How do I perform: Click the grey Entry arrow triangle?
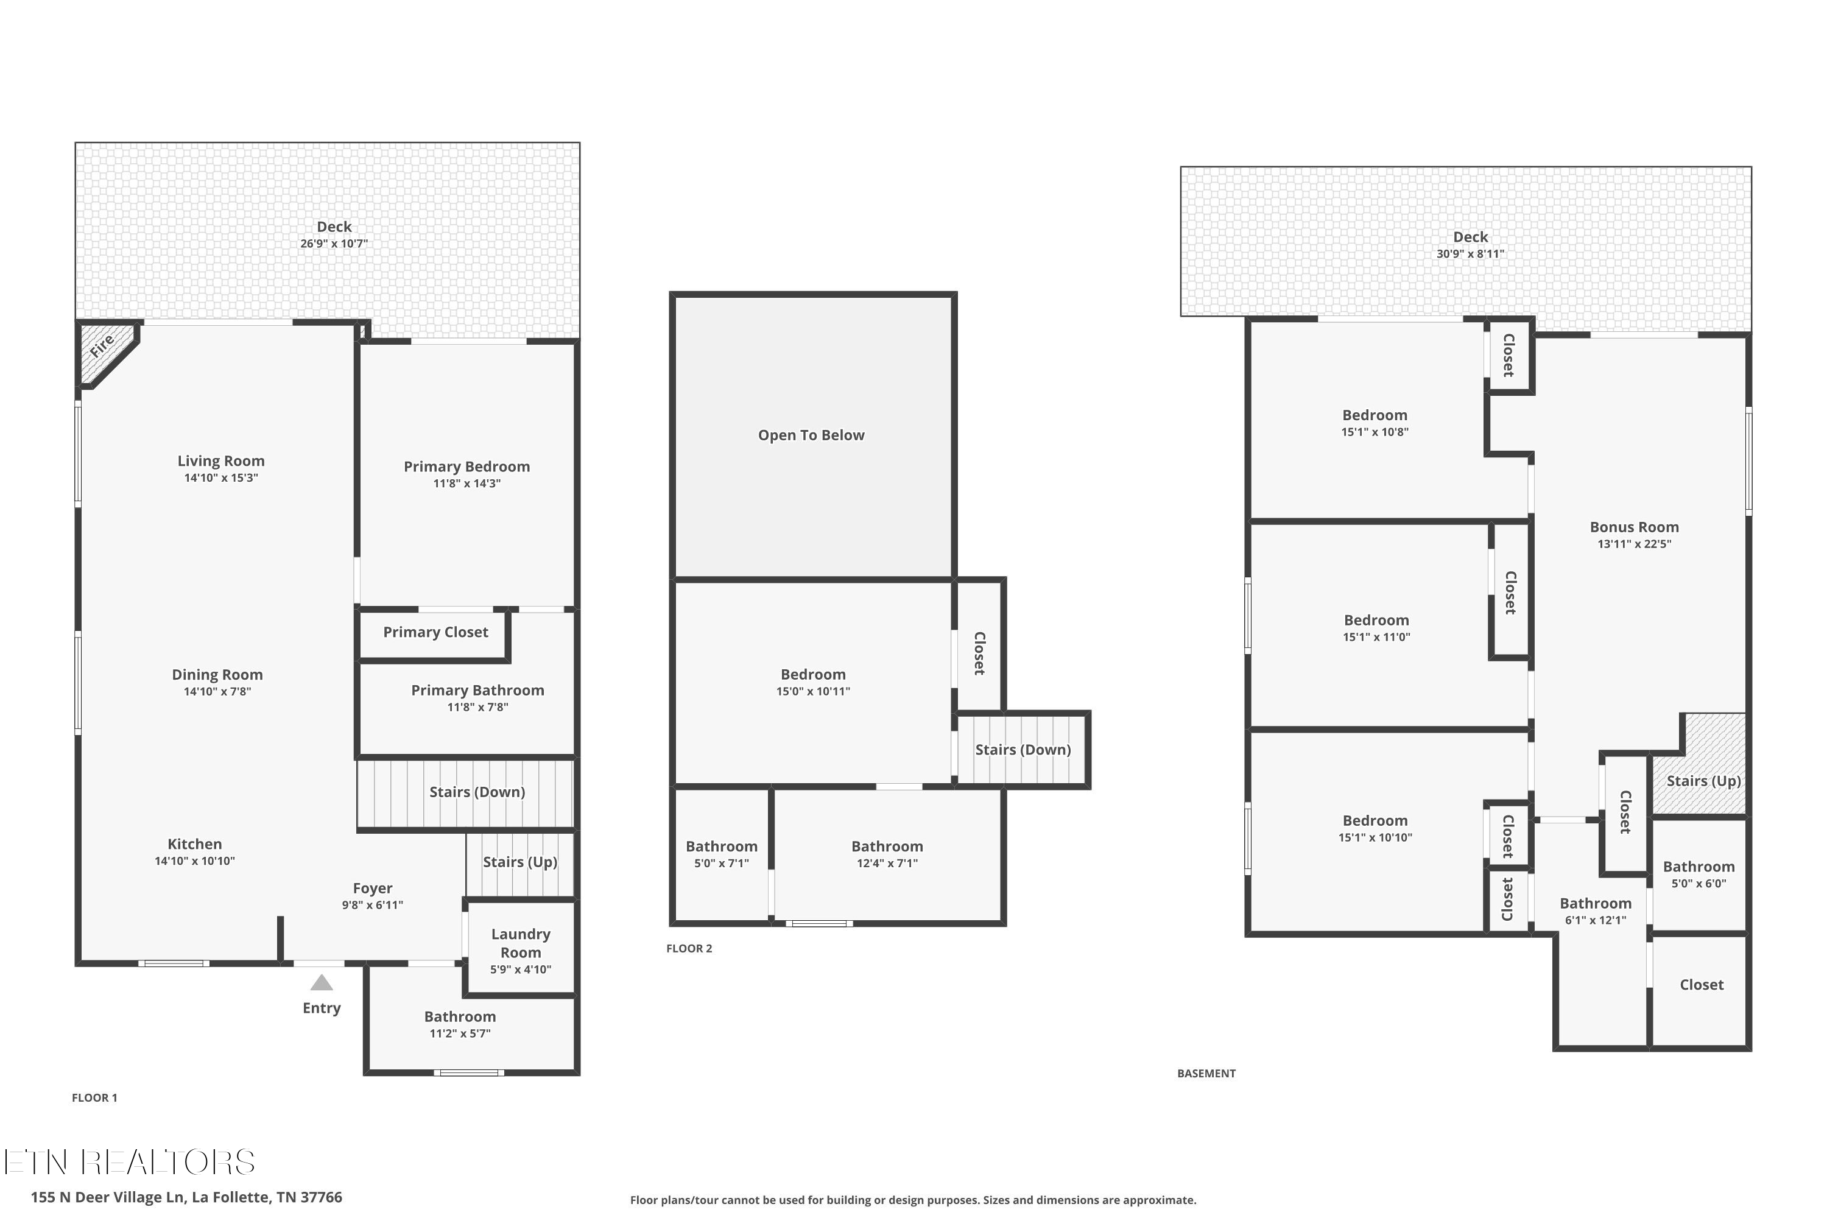pyautogui.click(x=322, y=984)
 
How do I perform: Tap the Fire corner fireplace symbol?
pyautogui.click(x=104, y=349)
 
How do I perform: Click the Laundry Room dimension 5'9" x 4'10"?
pyautogui.click(x=521, y=970)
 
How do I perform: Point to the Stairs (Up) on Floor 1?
pyautogui.click(x=519, y=862)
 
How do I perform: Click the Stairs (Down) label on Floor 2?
pyautogui.click(x=1023, y=750)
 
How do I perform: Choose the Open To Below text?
pyautogui.click(x=811, y=435)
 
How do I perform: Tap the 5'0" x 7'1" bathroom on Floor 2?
pyautogui.click(x=721, y=854)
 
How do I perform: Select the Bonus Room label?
pyautogui.click(x=1633, y=527)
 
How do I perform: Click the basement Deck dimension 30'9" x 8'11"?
pyautogui.click(x=1470, y=254)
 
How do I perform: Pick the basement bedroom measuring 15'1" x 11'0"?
pyautogui.click(x=1376, y=628)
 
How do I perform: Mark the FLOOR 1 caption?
pyautogui.click(x=95, y=1097)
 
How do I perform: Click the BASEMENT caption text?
pyautogui.click(x=1206, y=1074)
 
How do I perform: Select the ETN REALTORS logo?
pyautogui.click(x=129, y=1162)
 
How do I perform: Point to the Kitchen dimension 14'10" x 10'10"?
pyautogui.click(x=194, y=861)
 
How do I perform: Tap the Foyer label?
pyautogui.click(x=372, y=888)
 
